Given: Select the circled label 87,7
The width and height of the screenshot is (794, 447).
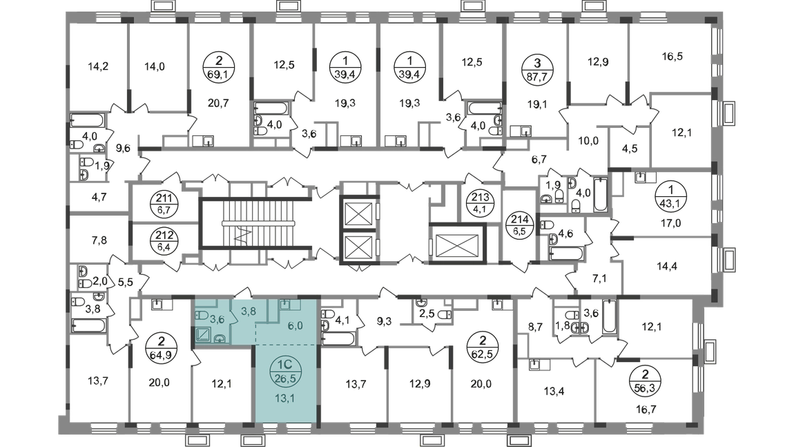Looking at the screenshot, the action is pyautogui.click(x=537, y=69).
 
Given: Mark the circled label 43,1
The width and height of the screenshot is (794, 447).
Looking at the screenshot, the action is pyautogui.click(x=671, y=197).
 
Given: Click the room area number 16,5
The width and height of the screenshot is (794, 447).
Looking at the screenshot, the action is pyautogui.click(x=672, y=56).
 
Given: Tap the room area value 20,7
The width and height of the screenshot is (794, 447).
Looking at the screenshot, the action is pyautogui.click(x=218, y=103).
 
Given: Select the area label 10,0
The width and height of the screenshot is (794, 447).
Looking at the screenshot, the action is pyautogui.click(x=588, y=141).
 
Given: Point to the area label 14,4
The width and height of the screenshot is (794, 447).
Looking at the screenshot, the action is pyautogui.click(x=667, y=266).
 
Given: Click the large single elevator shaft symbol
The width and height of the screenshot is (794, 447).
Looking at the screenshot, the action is pyautogui.click(x=457, y=243).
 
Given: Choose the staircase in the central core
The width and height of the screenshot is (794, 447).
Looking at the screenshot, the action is pyautogui.click(x=255, y=223).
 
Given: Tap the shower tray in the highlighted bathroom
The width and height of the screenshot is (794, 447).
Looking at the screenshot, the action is pyautogui.click(x=206, y=334).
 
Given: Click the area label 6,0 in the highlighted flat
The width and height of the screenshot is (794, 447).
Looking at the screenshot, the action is pyautogui.click(x=295, y=326).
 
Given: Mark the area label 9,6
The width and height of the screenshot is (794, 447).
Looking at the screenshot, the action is pyautogui.click(x=123, y=149).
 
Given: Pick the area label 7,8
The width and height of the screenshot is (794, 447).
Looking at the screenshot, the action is pyautogui.click(x=99, y=240).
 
